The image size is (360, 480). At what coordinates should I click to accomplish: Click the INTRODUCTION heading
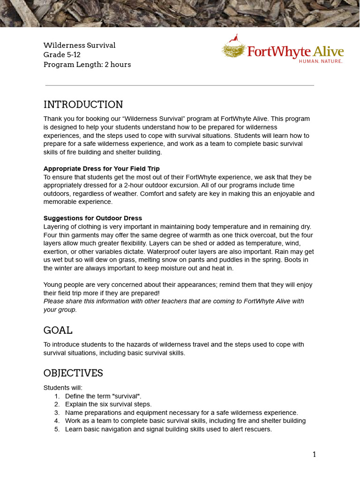coord(83,105)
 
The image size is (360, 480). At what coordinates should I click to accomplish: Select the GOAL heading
coord(58,330)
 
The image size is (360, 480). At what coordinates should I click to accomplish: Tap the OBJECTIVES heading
coord(73,373)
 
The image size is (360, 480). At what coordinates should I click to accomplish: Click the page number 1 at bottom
coord(314,454)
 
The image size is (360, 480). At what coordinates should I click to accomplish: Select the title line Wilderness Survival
coord(79,45)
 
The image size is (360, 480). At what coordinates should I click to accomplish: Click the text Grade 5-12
coord(62,55)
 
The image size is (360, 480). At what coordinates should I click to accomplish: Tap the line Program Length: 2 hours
coord(87,65)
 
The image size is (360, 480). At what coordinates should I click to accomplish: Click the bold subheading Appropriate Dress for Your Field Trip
coord(102,169)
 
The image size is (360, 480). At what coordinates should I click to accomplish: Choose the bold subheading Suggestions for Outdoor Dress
coord(93,218)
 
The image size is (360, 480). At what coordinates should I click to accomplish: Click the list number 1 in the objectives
coord(57,396)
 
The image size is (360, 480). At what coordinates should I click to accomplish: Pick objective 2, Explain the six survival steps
coord(108,404)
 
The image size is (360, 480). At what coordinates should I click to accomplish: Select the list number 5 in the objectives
coord(57,429)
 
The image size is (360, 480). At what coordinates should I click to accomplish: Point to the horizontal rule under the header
coord(180,85)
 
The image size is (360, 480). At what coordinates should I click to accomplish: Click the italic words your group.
coord(60,309)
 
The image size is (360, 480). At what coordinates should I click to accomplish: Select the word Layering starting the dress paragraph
coord(56,227)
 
